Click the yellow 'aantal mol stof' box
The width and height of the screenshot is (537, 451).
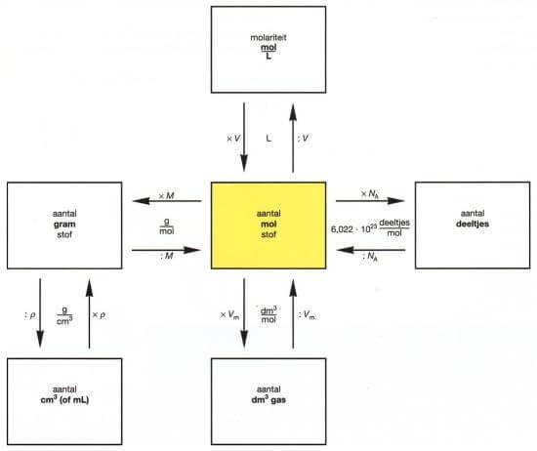[x=268, y=225]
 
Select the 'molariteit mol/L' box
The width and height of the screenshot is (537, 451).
[x=268, y=50]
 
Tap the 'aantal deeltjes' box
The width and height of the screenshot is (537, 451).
[x=473, y=225]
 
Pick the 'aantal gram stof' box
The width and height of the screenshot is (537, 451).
[x=64, y=225]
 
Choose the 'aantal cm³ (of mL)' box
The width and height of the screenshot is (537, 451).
[x=64, y=401]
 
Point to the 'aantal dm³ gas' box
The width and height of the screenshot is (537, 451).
[x=268, y=401]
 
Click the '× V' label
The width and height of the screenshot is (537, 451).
[x=233, y=139]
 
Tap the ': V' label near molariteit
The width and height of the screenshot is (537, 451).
[x=303, y=139]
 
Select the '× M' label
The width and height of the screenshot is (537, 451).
[x=166, y=196]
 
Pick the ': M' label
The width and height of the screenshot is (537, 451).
[x=167, y=256]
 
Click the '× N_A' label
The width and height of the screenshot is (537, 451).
[x=369, y=194]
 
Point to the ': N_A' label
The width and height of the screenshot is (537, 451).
[x=370, y=256]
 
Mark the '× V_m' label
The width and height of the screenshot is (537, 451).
[x=229, y=315]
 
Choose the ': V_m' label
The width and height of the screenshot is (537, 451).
[x=307, y=315]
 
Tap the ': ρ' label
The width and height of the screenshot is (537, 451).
[x=30, y=315]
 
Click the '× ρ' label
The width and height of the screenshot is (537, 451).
[x=99, y=315]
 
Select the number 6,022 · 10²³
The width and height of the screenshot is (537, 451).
[x=354, y=228]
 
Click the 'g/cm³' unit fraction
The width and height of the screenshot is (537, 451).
[x=64, y=315]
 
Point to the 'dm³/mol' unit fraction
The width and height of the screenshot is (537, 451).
[x=268, y=315]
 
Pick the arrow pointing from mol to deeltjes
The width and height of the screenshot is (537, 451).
[x=370, y=201]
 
